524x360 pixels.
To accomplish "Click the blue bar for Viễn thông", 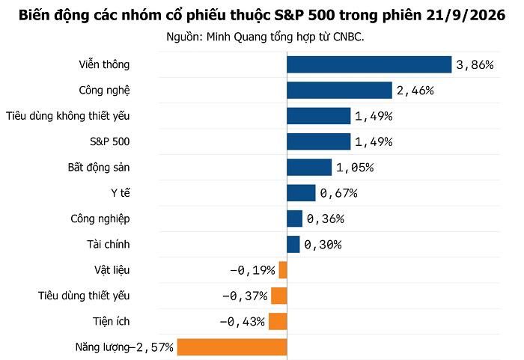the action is tap(369, 64).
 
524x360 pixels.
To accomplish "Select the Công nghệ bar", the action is tap(339, 91).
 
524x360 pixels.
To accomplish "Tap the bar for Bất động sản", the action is tap(309, 167).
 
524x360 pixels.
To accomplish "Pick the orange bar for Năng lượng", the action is tap(232, 347).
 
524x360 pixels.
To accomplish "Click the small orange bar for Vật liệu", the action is tap(283, 270).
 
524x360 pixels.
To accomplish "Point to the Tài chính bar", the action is tap(293, 244).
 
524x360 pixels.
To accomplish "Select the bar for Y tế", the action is tap(301, 193).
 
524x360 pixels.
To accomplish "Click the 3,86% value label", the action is tap(475, 65).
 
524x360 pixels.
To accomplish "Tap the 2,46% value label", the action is tap(415, 91).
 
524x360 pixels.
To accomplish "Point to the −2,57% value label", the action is tap(151, 347).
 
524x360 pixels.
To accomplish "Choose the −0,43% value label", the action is tap(243, 322).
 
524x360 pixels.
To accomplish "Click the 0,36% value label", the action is tap(326, 219).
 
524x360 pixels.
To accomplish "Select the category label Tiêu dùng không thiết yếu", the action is tap(68, 116).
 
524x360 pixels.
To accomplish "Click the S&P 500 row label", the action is tap(109, 141).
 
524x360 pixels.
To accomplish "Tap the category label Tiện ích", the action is tap(112, 321).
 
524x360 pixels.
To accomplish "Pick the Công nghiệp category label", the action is tap(100, 219).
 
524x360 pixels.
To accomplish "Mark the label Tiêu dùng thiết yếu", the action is tap(84, 296).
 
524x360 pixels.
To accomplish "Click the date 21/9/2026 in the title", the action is tap(466, 16).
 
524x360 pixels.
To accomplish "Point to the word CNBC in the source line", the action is tap(348, 37).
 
